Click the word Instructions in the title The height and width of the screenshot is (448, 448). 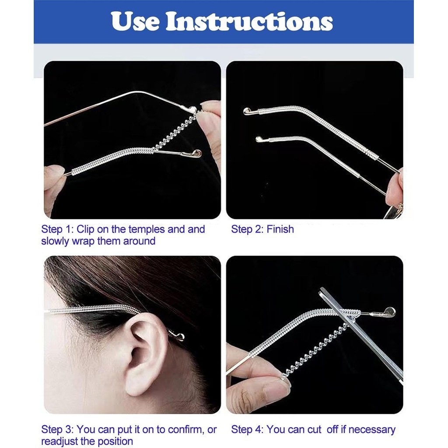point(249,21)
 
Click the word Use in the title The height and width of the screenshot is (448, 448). point(135,21)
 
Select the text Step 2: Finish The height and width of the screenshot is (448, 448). point(262,229)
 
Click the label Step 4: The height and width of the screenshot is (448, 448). point(248,430)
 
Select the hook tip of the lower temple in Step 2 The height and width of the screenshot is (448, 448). point(259,139)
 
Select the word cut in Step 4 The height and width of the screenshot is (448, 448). point(314,430)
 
